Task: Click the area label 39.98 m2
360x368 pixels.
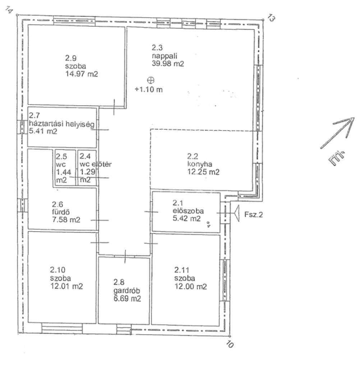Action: [x=168, y=64]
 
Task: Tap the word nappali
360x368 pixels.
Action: [x=164, y=56]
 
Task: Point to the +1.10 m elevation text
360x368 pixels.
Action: [x=149, y=89]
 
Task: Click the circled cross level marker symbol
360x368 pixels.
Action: [x=151, y=80]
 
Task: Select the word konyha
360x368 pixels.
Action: [x=199, y=164]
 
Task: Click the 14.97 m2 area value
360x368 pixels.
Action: [x=82, y=74]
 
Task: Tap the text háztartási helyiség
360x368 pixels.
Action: [x=61, y=124]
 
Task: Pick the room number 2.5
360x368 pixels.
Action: [x=61, y=156]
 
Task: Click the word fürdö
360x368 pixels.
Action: [x=61, y=212]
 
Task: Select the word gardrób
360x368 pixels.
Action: [x=127, y=291]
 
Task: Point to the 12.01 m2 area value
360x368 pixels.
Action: [x=66, y=286]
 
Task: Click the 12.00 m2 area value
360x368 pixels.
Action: [x=190, y=286]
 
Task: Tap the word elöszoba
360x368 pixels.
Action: [x=188, y=211]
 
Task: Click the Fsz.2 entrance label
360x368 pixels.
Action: [x=253, y=215]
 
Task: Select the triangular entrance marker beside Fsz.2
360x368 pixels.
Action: [x=236, y=213]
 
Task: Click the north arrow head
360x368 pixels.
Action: [x=349, y=124]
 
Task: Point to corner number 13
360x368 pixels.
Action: [x=271, y=18]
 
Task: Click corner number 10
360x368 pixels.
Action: [x=230, y=344]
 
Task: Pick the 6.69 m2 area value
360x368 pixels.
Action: [x=127, y=299]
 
